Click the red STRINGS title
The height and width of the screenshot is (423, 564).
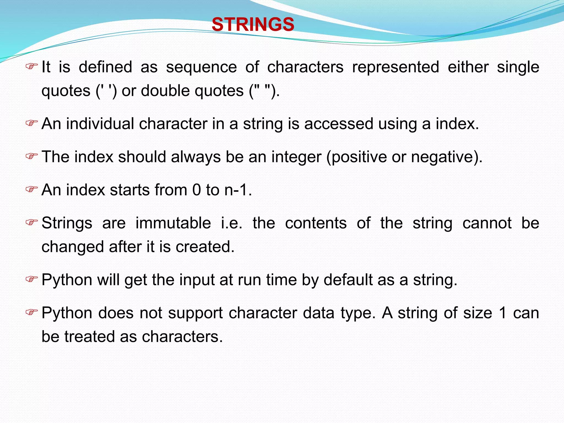253,24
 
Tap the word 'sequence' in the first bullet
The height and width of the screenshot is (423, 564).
201,67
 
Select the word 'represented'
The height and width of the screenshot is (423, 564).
395,67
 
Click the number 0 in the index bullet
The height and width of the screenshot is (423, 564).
196,190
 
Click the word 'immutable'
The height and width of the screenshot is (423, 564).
173,223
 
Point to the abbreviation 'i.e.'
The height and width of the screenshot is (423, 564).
232,223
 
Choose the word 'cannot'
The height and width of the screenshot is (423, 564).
487,223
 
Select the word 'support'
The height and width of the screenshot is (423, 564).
195,313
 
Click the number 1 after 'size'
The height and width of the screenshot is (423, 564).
503,313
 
